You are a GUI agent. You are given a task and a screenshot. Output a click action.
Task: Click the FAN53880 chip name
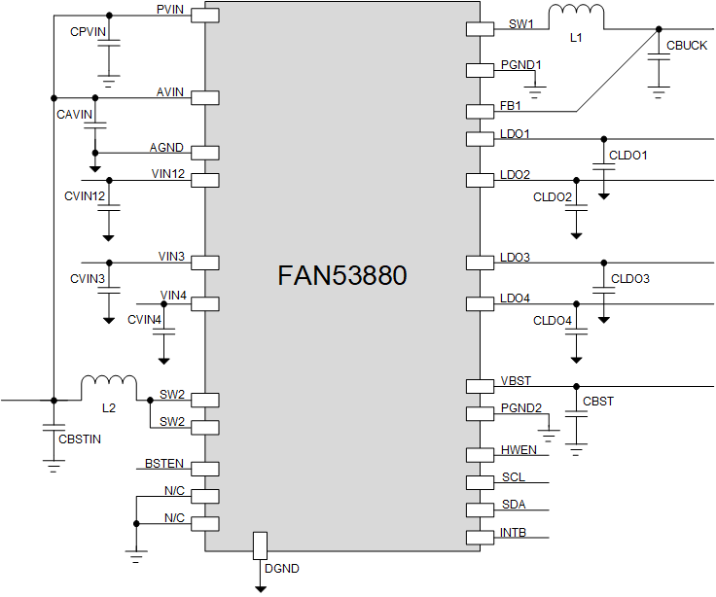[341, 276]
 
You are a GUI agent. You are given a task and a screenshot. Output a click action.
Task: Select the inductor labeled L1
[576, 18]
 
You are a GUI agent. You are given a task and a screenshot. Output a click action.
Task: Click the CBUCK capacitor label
[687, 46]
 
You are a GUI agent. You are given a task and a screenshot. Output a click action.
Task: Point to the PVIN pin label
[172, 9]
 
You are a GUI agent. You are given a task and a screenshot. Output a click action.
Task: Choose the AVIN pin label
[170, 91]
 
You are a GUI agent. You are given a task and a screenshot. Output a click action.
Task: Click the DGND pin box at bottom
[260, 545]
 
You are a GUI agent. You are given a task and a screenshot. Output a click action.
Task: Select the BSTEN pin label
[164, 463]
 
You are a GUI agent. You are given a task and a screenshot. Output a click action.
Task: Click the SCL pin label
[513, 477]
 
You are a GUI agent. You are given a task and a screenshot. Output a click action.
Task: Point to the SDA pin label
[514, 504]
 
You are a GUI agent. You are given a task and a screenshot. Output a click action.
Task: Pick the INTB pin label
[515, 532]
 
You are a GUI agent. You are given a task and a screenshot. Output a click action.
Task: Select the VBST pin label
[516, 380]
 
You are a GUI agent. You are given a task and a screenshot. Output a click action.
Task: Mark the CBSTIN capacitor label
[80, 439]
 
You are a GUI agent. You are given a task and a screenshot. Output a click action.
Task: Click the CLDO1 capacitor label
[628, 155]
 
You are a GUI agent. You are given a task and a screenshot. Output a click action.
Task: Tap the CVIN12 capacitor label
[85, 195]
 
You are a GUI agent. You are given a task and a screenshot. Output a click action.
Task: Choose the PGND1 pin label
[521, 65]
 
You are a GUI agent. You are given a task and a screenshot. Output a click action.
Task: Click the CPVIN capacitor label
[88, 32]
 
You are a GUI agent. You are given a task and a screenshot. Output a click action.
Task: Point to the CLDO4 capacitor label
[553, 321]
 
